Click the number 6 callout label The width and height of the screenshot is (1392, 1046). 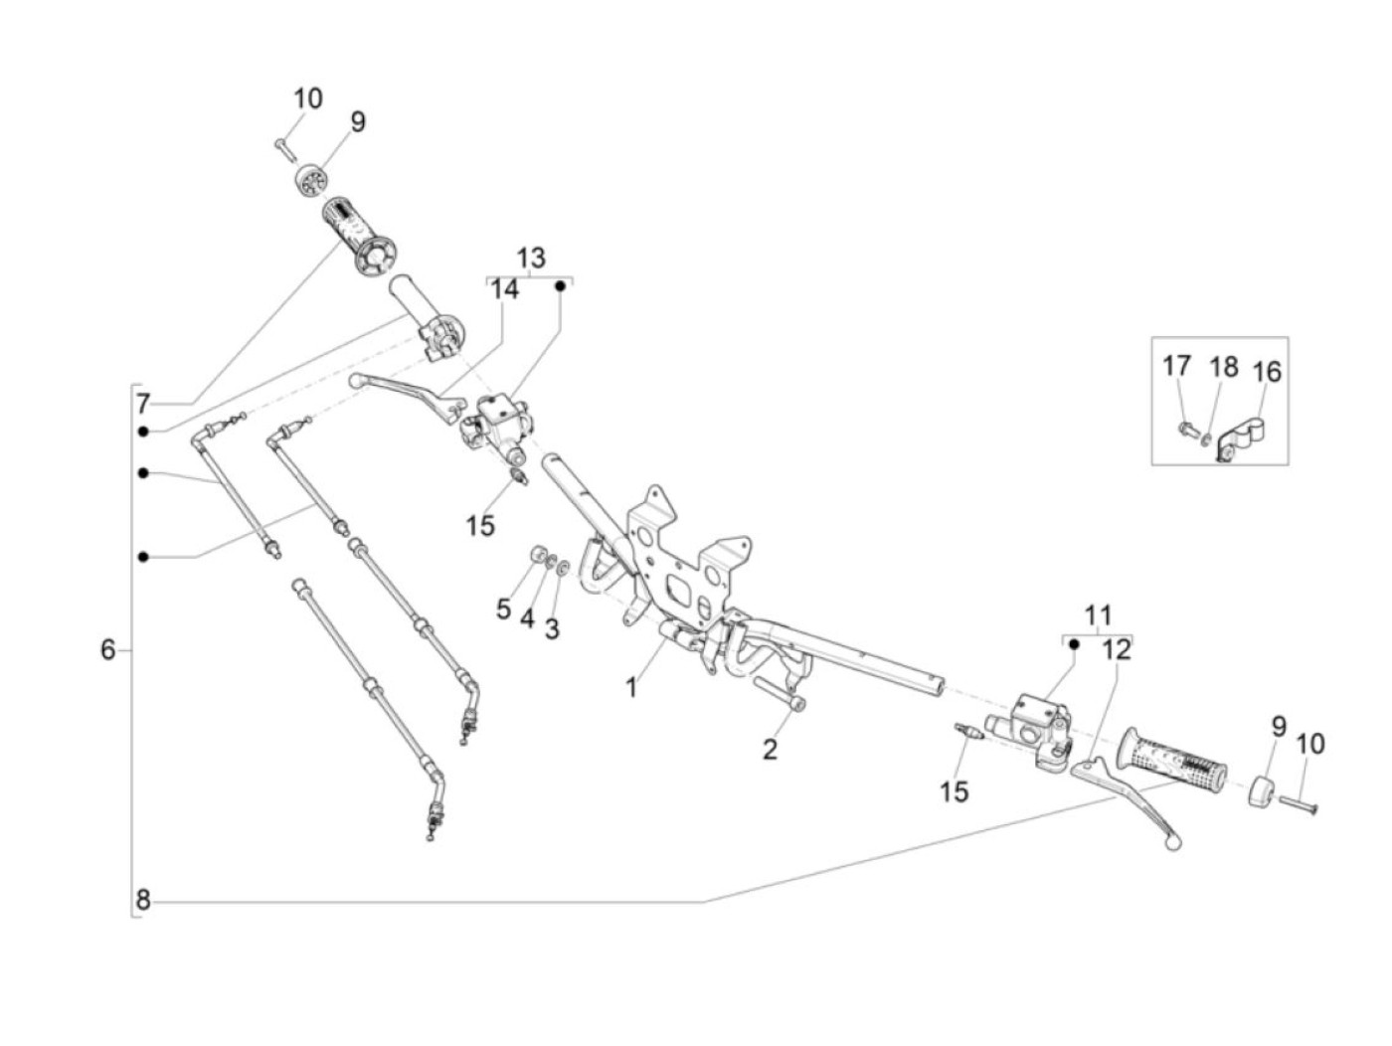[107, 651]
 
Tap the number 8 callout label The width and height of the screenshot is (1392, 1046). [143, 901]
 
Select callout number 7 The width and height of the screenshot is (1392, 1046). [143, 404]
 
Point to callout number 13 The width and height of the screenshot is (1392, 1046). [531, 258]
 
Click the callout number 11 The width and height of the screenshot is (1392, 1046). [1098, 615]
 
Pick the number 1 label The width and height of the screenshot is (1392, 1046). [630, 686]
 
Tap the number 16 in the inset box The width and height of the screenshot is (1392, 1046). [1267, 372]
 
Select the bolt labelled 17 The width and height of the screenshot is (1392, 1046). [1185, 431]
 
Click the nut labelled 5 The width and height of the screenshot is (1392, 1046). [537, 555]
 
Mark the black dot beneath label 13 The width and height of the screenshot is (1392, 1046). [560, 286]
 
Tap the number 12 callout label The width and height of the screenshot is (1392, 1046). [1118, 650]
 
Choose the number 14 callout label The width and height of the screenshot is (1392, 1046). [505, 289]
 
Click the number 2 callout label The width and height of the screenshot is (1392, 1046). [770, 749]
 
